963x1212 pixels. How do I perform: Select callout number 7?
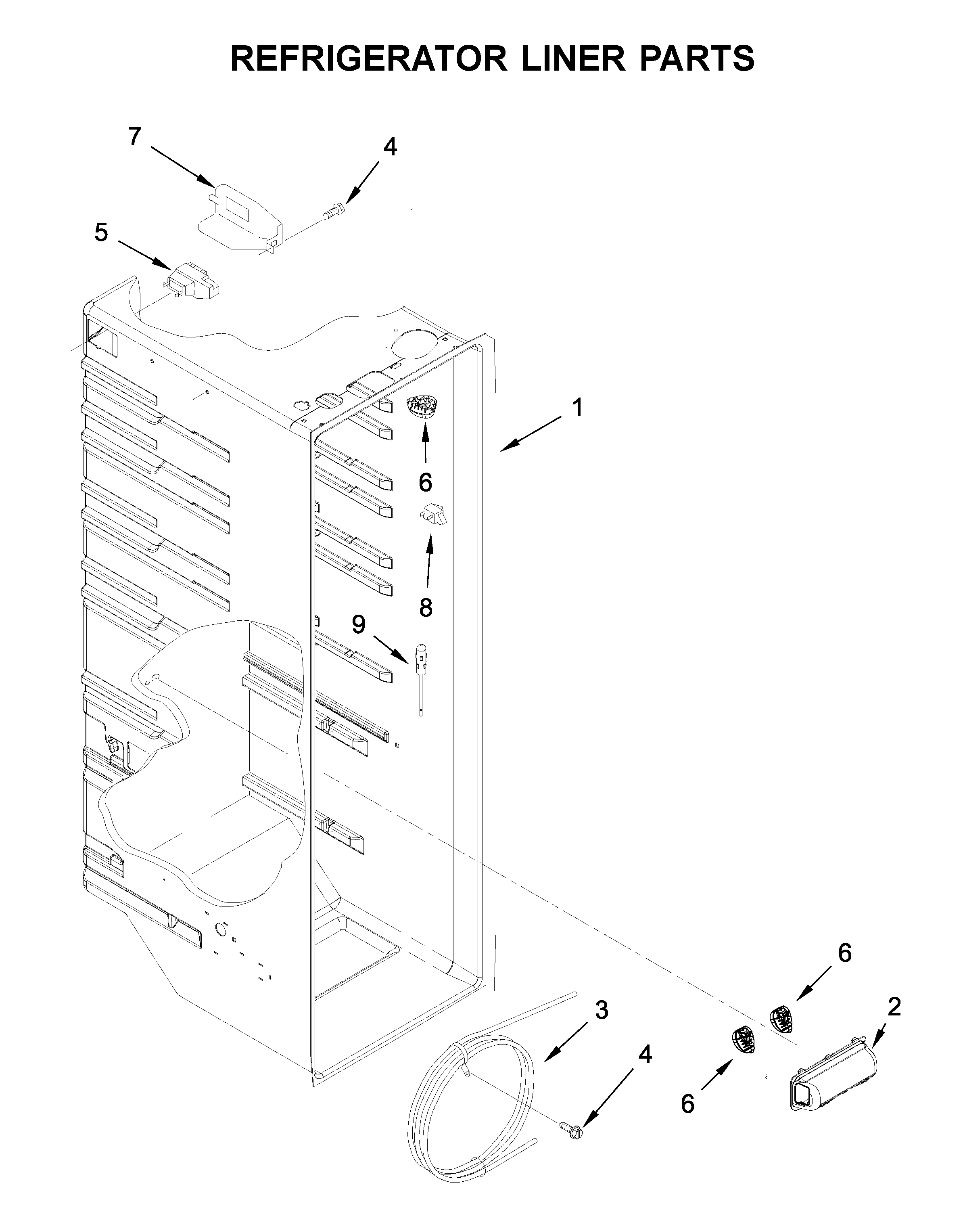(134, 136)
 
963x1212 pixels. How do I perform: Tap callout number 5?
(101, 232)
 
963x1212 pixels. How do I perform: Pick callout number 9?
(359, 624)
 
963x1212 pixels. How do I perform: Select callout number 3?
(601, 1010)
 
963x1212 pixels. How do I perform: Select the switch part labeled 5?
(192, 280)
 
